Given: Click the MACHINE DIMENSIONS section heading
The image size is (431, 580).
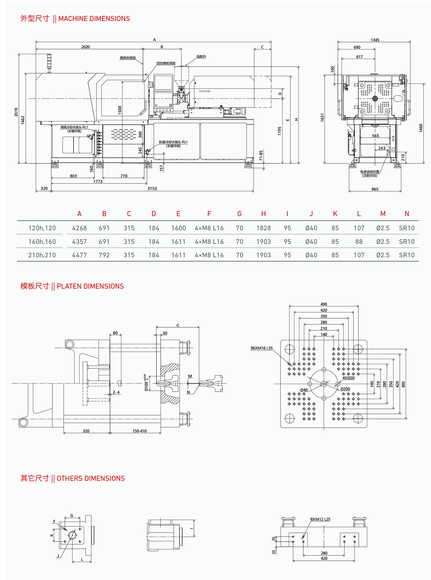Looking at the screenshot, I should (x=75, y=19).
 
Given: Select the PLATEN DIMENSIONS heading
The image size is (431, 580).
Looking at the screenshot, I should (x=72, y=286).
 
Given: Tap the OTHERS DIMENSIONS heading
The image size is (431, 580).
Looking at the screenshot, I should (x=73, y=478).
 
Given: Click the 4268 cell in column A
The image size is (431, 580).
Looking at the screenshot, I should (x=79, y=228).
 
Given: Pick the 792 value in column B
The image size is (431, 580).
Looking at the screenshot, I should (x=104, y=255).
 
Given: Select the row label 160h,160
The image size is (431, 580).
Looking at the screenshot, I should (x=42, y=242).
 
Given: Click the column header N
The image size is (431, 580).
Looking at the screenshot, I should (x=407, y=214).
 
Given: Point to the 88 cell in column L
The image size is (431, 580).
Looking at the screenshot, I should (x=359, y=242).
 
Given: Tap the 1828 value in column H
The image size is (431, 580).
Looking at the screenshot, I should (x=264, y=228).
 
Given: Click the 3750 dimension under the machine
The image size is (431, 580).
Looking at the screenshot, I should (x=152, y=189).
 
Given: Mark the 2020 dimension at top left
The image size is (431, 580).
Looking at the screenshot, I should (x=86, y=47).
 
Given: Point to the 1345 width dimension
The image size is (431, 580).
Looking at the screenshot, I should (x=375, y=40).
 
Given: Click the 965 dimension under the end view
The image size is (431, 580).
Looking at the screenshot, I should (x=375, y=189).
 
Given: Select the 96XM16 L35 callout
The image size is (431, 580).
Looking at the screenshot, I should (x=262, y=348).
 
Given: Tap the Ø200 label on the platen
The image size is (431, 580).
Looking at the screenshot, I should (x=345, y=389).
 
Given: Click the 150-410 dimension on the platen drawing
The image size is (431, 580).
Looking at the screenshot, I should (x=140, y=431).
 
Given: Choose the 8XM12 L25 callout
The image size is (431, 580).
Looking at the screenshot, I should (x=320, y=519).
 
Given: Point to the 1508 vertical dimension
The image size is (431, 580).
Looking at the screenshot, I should (x=120, y=110).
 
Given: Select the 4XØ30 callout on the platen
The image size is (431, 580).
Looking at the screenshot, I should (x=348, y=378).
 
